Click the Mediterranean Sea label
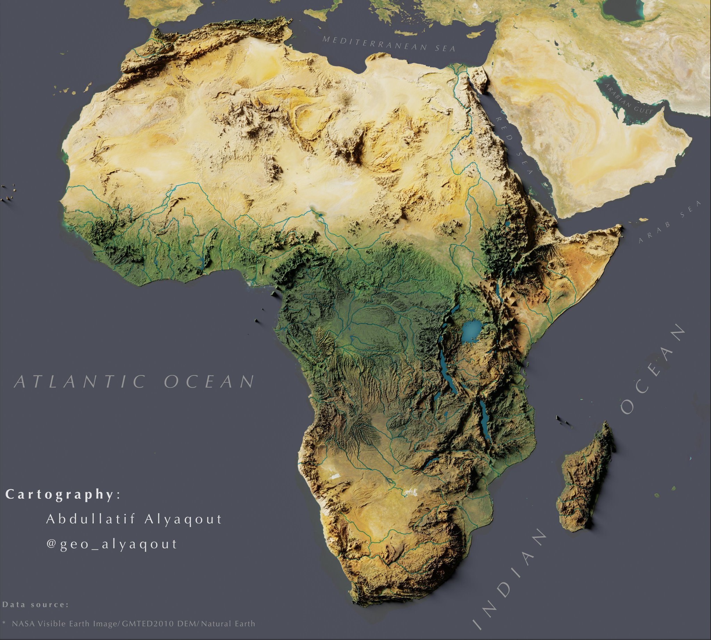coord(388,44)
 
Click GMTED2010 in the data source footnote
coord(148,624)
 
